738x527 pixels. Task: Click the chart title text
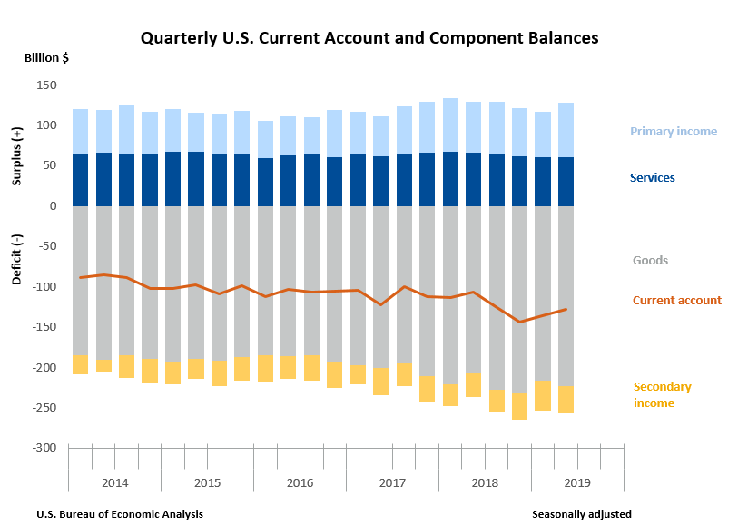click(x=369, y=38)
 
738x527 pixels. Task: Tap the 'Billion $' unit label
click(x=45, y=57)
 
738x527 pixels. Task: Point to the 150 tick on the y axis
click(x=46, y=85)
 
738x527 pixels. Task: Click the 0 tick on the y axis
click(x=53, y=205)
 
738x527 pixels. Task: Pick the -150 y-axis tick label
click(x=44, y=327)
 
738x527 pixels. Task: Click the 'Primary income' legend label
click(x=674, y=132)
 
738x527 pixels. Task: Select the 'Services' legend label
click(x=654, y=178)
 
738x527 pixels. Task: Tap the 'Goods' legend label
click(x=650, y=261)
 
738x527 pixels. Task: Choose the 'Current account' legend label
click(x=676, y=301)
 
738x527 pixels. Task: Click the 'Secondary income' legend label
click(x=662, y=394)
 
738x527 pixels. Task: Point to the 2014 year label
click(x=114, y=482)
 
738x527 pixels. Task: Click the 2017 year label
click(x=392, y=482)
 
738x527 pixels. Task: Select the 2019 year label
click(x=577, y=482)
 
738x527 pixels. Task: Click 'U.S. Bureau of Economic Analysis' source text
click(x=120, y=514)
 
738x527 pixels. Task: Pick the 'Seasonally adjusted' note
click(x=581, y=514)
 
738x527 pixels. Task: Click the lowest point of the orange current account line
click(x=520, y=322)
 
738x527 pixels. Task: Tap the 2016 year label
click(x=300, y=482)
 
